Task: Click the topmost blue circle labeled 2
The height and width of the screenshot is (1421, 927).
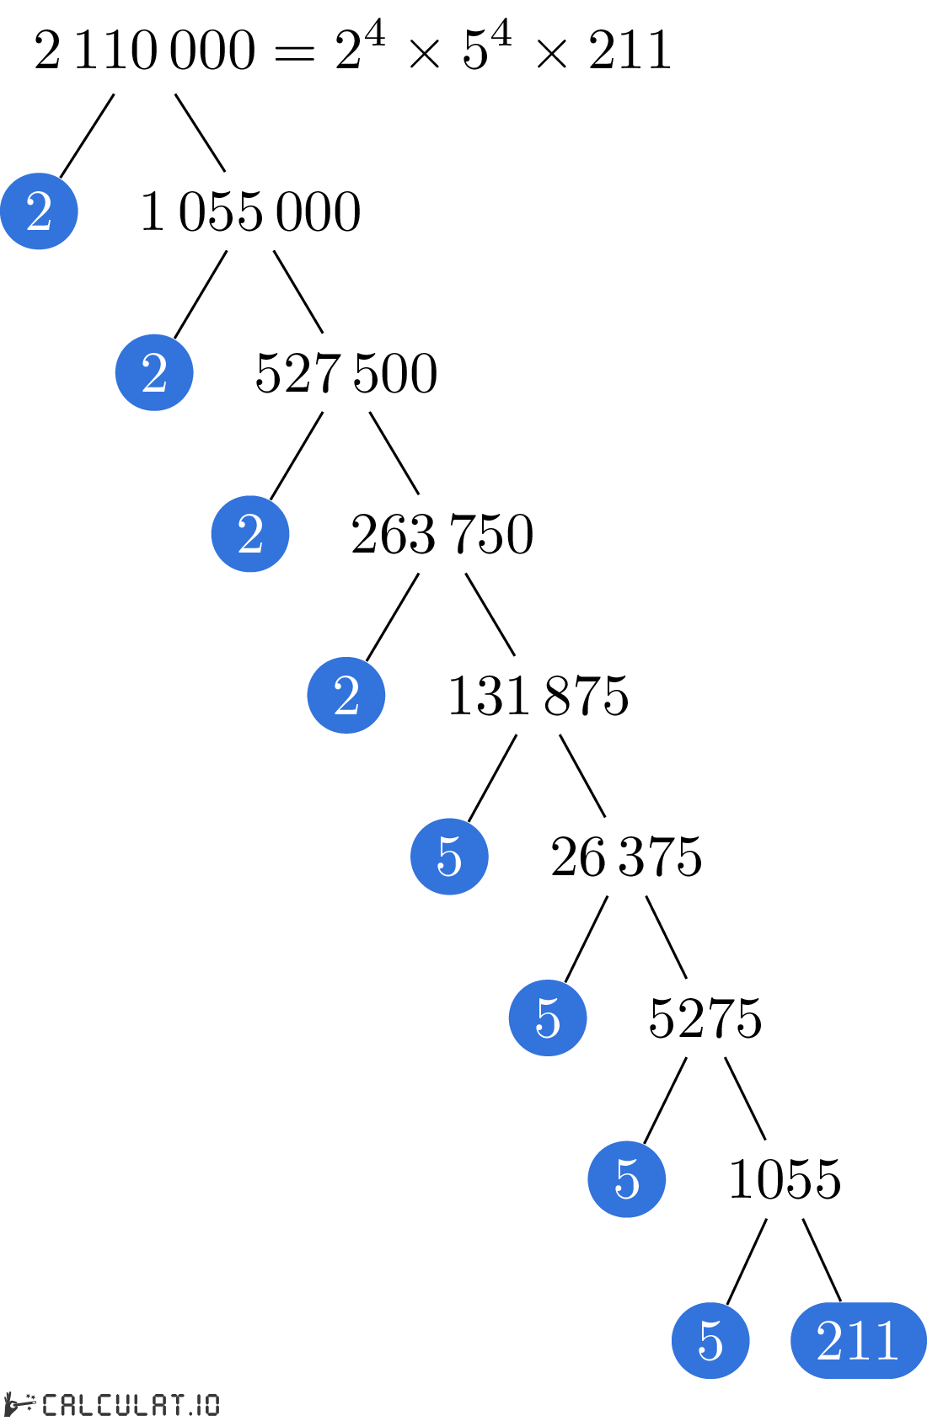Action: [x=39, y=211]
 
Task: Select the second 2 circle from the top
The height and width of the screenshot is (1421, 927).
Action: [x=154, y=372]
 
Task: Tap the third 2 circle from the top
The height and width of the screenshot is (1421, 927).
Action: [x=250, y=534]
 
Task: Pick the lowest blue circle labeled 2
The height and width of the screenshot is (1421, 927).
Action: [x=346, y=695]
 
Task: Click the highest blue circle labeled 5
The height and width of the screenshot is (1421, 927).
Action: [x=449, y=857]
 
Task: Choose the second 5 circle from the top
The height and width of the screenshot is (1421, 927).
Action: [x=548, y=1018]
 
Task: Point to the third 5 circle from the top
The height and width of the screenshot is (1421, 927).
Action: [x=626, y=1179]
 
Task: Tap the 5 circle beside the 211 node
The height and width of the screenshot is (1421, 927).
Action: [x=710, y=1340]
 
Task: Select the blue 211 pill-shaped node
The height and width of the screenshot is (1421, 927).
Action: [x=858, y=1340]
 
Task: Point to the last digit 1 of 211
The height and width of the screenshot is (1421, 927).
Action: [x=886, y=1340]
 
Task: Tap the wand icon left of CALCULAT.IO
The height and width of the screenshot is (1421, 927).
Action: [x=20, y=1404]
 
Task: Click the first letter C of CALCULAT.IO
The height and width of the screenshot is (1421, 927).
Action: [x=51, y=1404]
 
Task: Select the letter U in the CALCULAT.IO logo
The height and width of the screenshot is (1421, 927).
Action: [x=121, y=1404]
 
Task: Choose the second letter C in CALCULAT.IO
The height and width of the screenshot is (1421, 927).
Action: [x=104, y=1404]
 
